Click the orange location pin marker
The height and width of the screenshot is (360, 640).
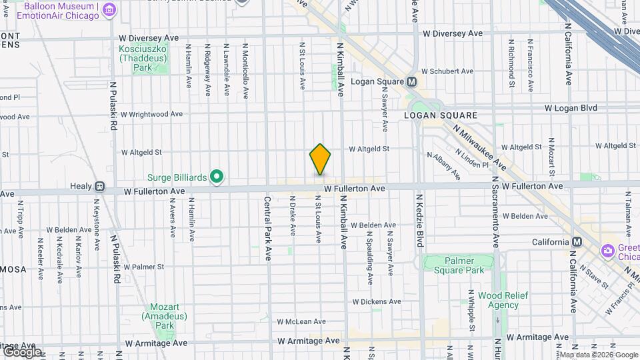[320, 159]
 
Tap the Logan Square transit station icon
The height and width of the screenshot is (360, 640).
[411, 81]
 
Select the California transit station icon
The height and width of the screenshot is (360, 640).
[577, 241]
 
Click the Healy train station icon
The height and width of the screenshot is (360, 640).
[99, 187]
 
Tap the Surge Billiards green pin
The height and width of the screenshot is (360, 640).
[216, 177]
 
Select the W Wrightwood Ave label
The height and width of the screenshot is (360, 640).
[151, 114]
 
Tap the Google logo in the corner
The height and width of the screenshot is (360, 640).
[21, 351]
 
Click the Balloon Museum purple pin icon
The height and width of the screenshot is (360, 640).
[109, 9]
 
